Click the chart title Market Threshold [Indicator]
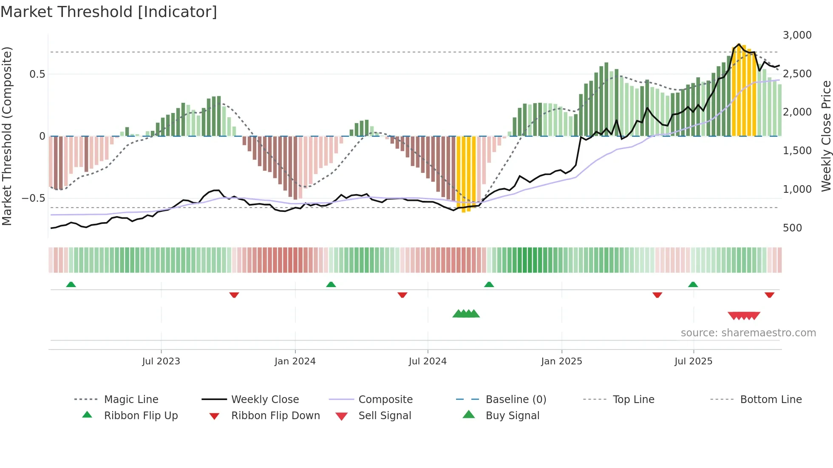(x=109, y=12)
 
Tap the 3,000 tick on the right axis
(x=797, y=35)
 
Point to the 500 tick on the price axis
(x=792, y=228)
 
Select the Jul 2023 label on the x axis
(x=161, y=361)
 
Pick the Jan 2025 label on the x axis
(x=561, y=361)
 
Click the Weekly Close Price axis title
(x=826, y=136)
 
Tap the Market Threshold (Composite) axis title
(x=7, y=136)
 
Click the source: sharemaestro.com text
(x=748, y=333)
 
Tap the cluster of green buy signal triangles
(x=466, y=314)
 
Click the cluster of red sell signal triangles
(x=744, y=316)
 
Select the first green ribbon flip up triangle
(x=71, y=285)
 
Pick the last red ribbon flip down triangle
(x=769, y=295)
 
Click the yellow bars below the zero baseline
(x=466, y=174)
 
